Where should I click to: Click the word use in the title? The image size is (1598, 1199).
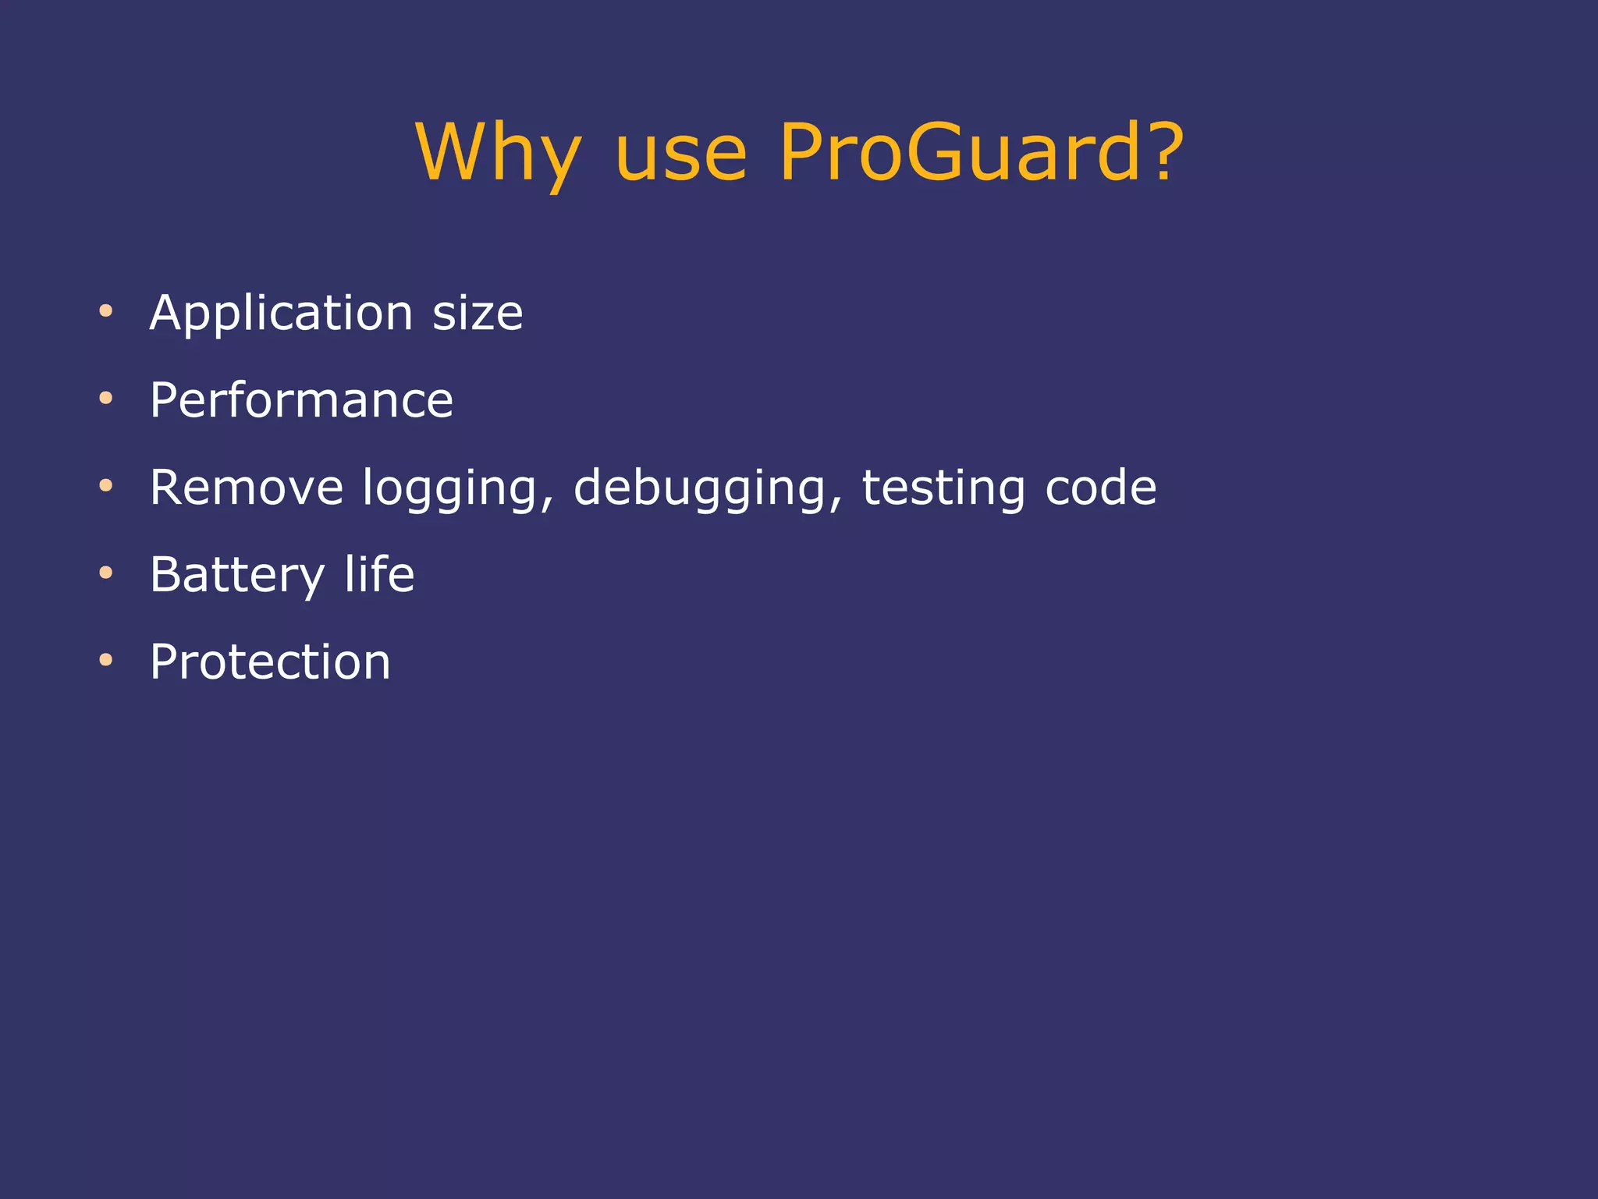click(680, 154)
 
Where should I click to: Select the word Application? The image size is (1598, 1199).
click(281, 314)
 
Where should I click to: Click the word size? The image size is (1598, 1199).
click(478, 314)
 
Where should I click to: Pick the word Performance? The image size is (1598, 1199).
click(301, 401)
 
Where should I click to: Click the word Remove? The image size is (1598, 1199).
click(247, 488)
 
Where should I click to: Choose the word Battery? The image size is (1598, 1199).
click(237, 576)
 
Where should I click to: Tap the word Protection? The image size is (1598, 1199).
click(270, 662)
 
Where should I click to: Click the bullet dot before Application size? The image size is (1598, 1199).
click(106, 312)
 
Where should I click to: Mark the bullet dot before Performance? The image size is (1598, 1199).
click(106, 399)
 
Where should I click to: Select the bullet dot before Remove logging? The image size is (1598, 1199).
click(106, 487)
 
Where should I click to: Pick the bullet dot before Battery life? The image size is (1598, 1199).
click(106, 574)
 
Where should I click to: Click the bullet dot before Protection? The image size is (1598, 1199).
click(106, 662)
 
